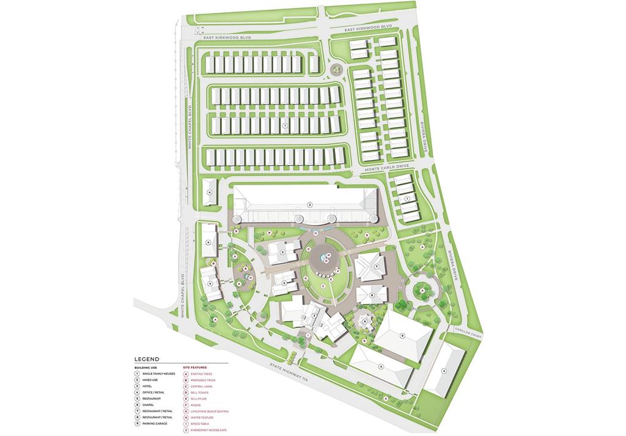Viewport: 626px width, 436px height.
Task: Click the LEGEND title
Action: (147, 359)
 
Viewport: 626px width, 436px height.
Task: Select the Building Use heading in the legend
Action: (146, 368)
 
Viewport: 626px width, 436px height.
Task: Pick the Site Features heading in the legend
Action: (195, 368)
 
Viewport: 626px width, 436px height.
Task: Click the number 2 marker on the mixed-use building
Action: (310, 204)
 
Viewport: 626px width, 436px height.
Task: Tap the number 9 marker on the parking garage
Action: (402, 336)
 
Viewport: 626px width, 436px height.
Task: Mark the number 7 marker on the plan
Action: (377, 267)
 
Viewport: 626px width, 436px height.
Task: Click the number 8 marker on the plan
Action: (371, 295)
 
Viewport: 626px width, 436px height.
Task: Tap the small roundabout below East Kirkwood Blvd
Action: (336, 70)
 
